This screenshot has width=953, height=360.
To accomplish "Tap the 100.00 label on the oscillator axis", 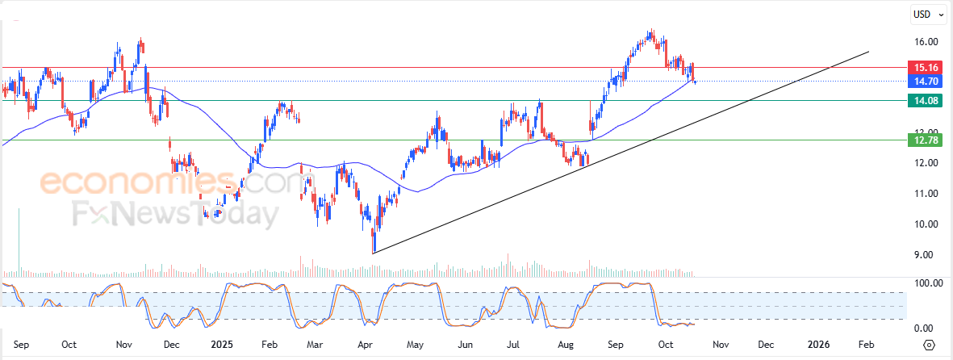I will click(928, 283).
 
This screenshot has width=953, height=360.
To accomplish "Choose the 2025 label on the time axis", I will click(220, 345).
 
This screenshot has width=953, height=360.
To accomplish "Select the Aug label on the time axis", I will click(565, 345).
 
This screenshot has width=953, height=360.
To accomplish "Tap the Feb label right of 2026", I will click(865, 345).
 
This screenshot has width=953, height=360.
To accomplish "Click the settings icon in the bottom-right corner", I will click(929, 345).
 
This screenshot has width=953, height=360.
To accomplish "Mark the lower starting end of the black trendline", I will click(373, 253).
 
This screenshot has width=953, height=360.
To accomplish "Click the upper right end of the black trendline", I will click(869, 52).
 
